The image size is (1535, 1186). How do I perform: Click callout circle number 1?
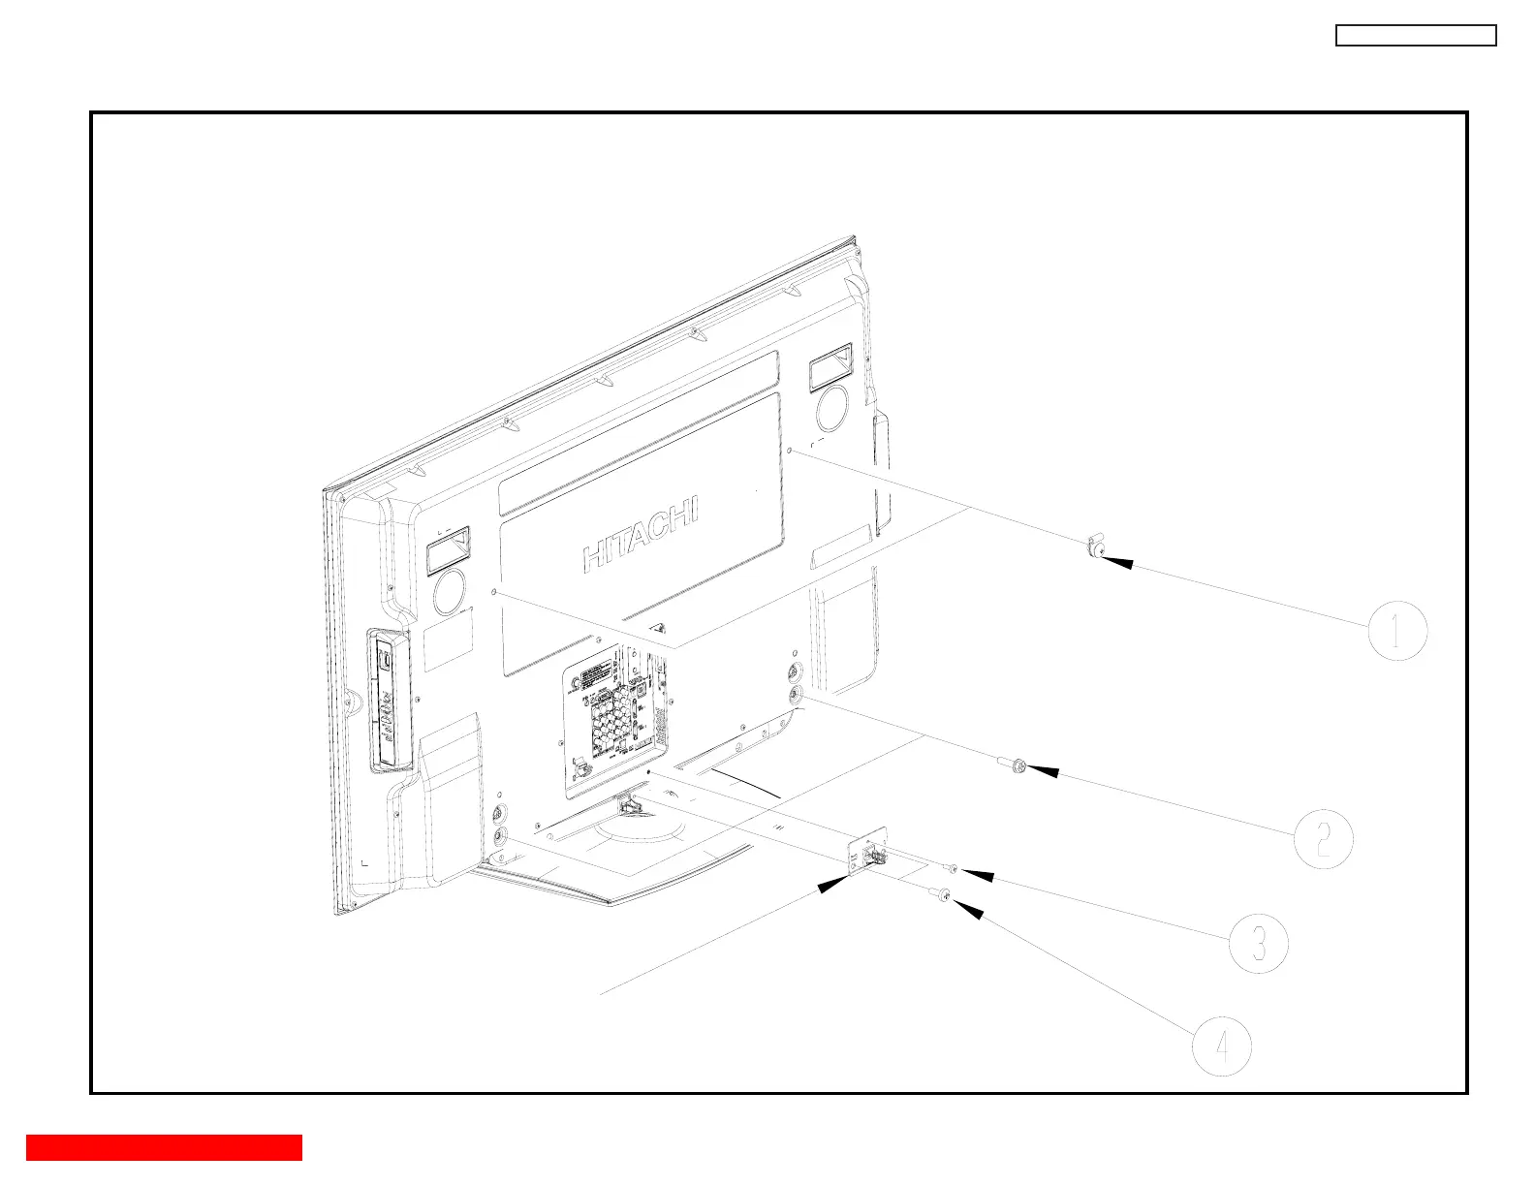[1397, 631]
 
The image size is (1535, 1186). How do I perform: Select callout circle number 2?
[1324, 838]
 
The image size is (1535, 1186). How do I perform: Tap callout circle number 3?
[1258, 943]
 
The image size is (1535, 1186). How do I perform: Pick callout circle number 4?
[1221, 1046]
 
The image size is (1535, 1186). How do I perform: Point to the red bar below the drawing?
[164, 1147]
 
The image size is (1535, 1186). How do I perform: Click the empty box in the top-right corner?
[1416, 36]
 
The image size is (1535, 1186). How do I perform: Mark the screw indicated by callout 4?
[943, 896]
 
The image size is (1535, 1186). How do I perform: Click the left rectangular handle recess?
[447, 554]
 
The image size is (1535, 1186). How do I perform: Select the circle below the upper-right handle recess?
[831, 409]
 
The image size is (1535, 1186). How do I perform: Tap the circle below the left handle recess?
[450, 594]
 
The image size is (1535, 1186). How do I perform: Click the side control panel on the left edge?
[388, 701]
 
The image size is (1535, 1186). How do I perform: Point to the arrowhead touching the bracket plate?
[835, 884]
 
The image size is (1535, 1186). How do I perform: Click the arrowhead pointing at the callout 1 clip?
[1117, 561]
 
